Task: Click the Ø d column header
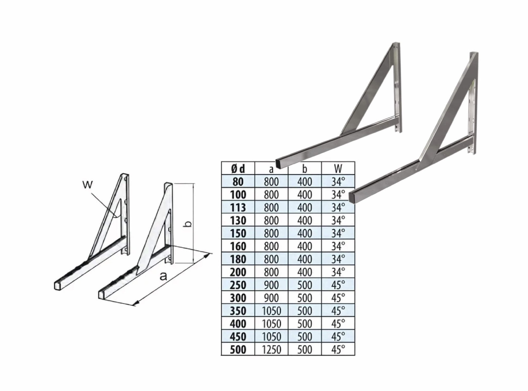click(238, 169)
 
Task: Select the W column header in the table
click(338, 169)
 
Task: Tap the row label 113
click(238, 207)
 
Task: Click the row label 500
click(238, 349)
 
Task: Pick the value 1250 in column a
click(271, 349)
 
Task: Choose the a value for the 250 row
click(271, 285)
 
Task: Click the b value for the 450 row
click(305, 336)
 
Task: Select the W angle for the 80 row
click(338, 182)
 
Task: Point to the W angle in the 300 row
click(338, 298)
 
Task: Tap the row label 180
click(238, 259)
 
